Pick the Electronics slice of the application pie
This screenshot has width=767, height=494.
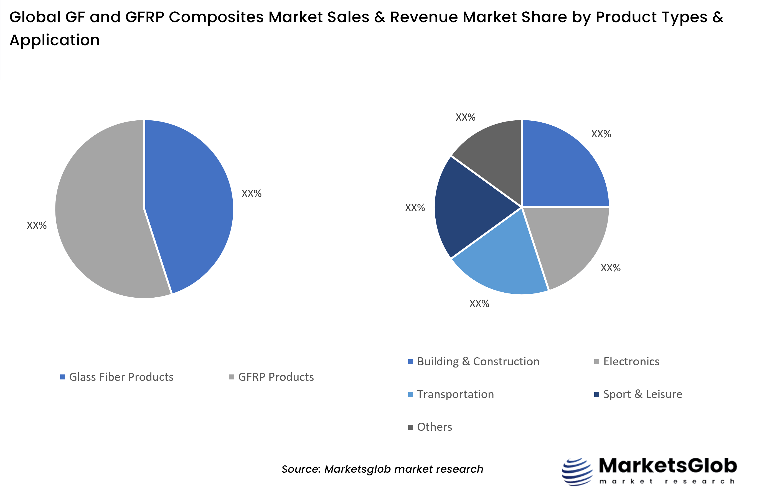pos(571,244)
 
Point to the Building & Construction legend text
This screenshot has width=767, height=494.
pos(478,361)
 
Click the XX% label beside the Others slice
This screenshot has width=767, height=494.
pos(465,117)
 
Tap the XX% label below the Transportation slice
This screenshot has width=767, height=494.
pos(479,304)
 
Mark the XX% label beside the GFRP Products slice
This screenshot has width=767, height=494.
pos(37,226)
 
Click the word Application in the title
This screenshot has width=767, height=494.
pos(55,40)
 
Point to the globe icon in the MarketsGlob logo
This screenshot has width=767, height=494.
pos(577,472)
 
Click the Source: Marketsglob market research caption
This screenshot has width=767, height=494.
pos(382,469)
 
